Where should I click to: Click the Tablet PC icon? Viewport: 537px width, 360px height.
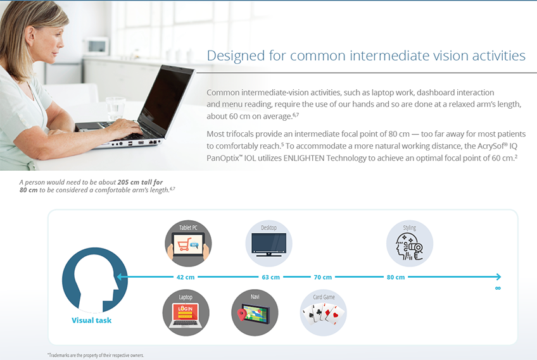coord(188,244)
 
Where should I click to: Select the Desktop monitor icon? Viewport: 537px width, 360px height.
coord(269,244)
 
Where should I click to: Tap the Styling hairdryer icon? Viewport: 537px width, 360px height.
coord(410,244)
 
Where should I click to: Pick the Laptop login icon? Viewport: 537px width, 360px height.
coord(186,313)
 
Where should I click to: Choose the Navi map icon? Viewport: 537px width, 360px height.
coord(255,313)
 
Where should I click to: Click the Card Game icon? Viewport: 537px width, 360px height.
coord(324,313)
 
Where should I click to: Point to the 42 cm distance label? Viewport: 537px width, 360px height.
coord(186,277)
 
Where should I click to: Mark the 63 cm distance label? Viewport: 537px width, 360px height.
coord(270,277)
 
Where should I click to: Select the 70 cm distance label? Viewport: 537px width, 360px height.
coord(322,277)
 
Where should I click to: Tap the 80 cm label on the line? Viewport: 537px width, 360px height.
coord(396,277)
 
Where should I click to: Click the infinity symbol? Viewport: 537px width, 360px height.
coord(498,288)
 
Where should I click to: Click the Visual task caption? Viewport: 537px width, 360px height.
coord(91,320)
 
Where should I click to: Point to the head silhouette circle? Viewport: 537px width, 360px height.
coord(95,280)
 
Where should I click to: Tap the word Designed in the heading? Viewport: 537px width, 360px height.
coord(236,56)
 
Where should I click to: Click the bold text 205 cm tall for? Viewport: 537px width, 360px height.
coord(140,182)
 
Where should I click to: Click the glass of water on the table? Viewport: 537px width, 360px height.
coord(115,109)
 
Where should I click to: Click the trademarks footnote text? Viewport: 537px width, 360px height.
coord(96,355)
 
